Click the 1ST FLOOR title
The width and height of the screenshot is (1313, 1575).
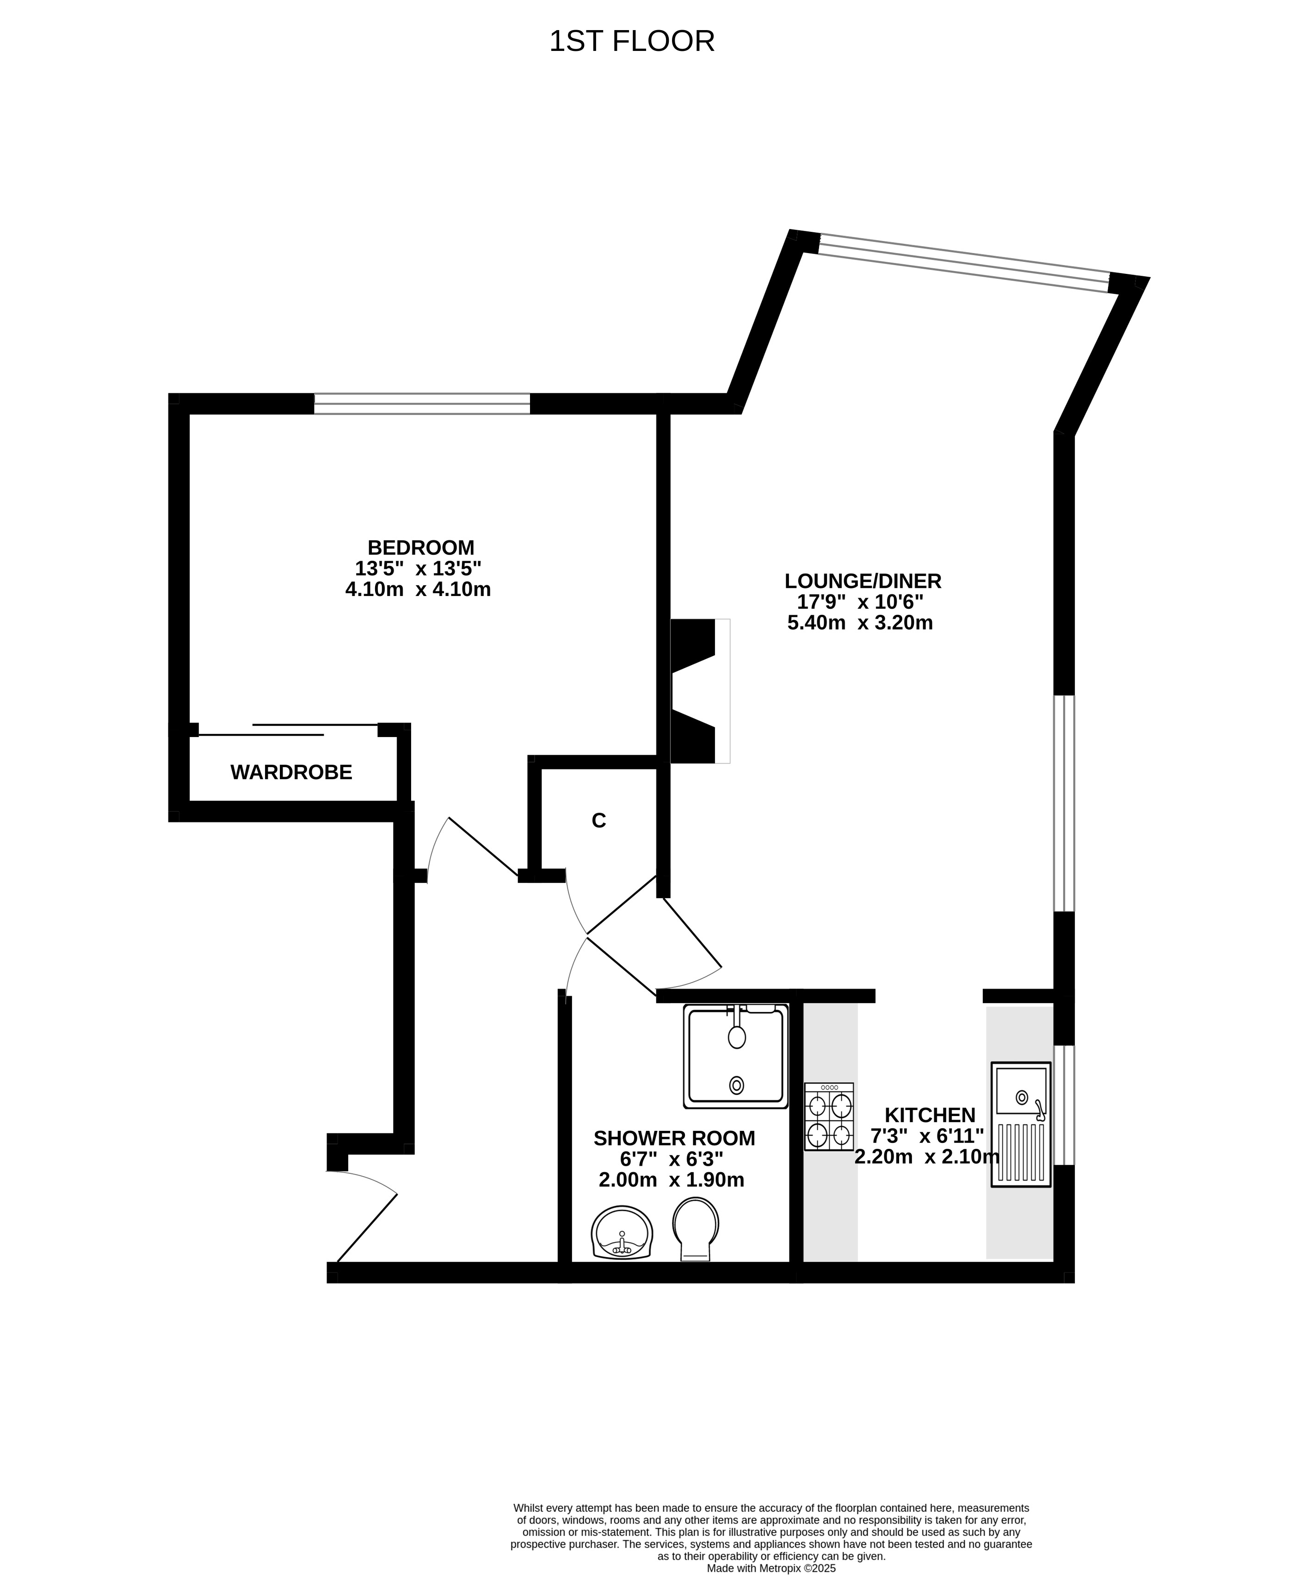[x=631, y=41]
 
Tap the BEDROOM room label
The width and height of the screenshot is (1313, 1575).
[x=421, y=547]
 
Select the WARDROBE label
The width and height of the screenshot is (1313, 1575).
[x=291, y=773]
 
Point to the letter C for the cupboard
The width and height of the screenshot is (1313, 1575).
[x=598, y=820]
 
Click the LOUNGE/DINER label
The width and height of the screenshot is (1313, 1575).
[x=863, y=581]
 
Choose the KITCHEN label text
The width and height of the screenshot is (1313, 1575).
[x=930, y=1115]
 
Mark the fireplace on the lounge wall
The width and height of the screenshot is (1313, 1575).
[x=700, y=692]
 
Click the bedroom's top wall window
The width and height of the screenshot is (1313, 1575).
[x=421, y=403]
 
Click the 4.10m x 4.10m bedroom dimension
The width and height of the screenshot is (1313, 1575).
[x=418, y=589]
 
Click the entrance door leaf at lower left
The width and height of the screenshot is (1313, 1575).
[x=367, y=1228]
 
